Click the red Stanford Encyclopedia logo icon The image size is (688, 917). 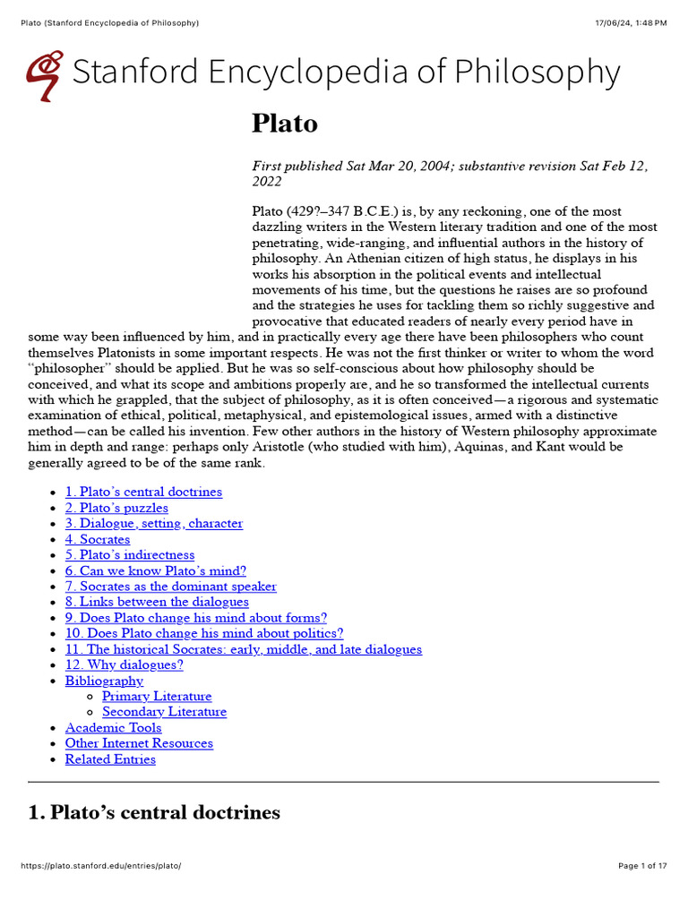pyautogui.click(x=45, y=75)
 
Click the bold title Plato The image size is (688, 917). pyautogui.click(x=285, y=124)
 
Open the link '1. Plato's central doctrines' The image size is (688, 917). pyautogui.click(x=143, y=492)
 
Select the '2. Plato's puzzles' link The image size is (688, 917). pyautogui.click(x=116, y=508)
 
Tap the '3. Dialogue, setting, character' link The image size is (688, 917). pyautogui.click(x=153, y=523)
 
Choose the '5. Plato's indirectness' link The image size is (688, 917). pyautogui.click(x=129, y=555)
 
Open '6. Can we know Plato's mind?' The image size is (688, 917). pyautogui.click(x=155, y=570)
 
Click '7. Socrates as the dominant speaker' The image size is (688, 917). pyautogui.click(x=170, y=587)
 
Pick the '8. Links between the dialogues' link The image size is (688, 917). pyautogui.click(x=157, y=602)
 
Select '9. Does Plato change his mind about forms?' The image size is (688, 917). pyautogui.click(x=195, y=618)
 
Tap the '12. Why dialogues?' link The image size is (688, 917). pyautogui.click(x=124, y=664)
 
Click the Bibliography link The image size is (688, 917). pyautogui.click(x=104, y=681)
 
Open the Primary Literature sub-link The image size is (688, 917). pyautogui.click(x=157, y=696)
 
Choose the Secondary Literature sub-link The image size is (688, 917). pyautogui.click(x=164, y=712)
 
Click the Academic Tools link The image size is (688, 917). pyautogui.click(x=113, y=727)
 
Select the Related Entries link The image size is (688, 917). pyautogui.click(x=110, y=759)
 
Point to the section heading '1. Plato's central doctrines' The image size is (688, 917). pyautogui.click(x=154, y=812)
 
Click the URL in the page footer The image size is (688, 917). pyautogui.click(x=100, y=866)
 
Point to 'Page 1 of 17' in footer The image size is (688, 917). pyautogui.click(x=642, y=866)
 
